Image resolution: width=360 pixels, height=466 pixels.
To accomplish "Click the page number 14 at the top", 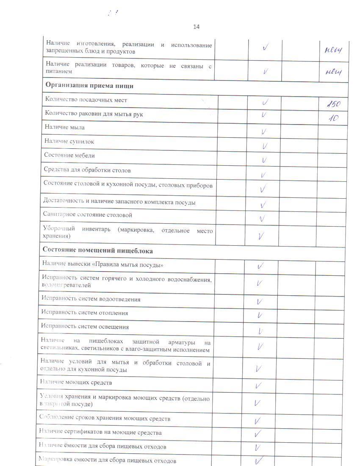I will [x=196, y=27].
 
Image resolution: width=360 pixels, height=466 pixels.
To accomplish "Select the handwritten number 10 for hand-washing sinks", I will [x=333, y=119].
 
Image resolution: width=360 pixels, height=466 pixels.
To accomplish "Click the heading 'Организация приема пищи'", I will [x=89, y=86].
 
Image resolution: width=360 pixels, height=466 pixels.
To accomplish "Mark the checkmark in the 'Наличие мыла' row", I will [x=264, y=132].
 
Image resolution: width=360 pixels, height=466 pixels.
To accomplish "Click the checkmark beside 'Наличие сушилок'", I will [x=265, y=146].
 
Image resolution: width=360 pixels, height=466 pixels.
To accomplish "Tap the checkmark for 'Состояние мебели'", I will [x=264, y=160].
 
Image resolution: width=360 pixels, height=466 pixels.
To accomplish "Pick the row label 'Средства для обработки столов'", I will [x=87, y=170].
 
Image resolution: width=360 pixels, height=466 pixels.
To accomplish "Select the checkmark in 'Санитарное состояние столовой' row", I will [x=263, y=219].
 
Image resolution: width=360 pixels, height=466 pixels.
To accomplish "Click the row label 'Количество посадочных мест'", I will [x=86, y=100].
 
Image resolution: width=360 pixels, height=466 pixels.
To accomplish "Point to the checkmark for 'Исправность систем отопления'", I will [x=260, y=315].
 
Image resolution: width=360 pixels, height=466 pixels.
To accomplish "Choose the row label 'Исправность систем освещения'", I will [x=85, y=327].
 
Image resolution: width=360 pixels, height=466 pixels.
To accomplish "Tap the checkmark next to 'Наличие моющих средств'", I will [x=258, y=386].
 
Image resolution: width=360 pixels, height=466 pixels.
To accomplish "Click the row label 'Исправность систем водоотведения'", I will [x=91, y=299].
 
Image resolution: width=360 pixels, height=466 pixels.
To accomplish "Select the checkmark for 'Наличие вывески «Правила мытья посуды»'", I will [x=260, y=266].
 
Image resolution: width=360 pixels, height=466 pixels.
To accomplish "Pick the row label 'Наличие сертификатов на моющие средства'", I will [x=100, y=433].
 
